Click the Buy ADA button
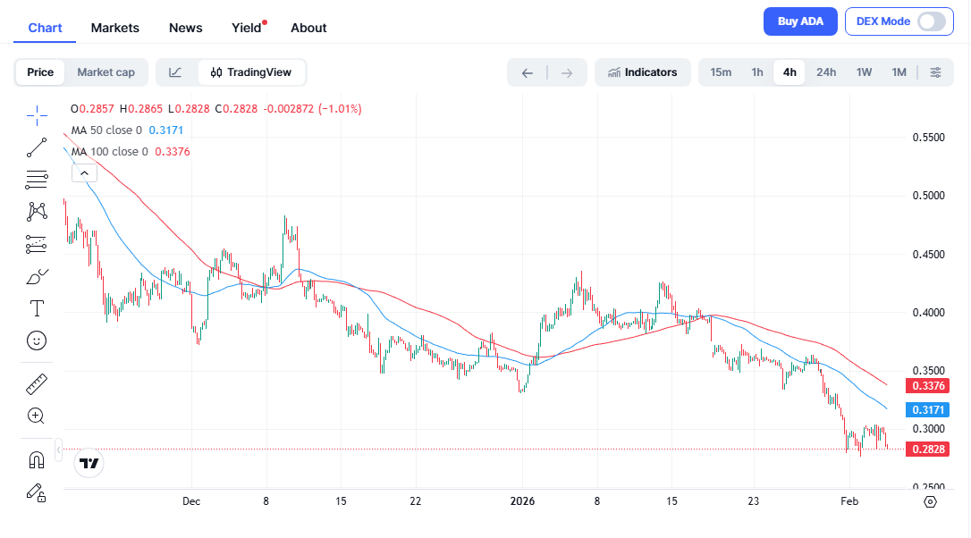pyautogui.click(x=800, y=21)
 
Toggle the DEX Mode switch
pyautogui.click(x=931, y=21)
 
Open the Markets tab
pyautogui.click(x=115, y=28)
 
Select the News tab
pyautogui.click(x=186, y=28)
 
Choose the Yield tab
pyautogui.click(x=247, y=28)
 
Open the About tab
pyautogui.click(x=308, y=28)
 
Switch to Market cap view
pyautogui.click(x=106, y=72)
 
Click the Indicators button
pyautogui.click(x=642, y=72)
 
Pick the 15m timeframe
pyautogui.click(x=721, y=72)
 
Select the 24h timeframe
pyautogui.click(x=826, y=72)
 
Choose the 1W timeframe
pyautogui.click(x=864, y=72)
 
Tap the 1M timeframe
pyautogui.click(x=899, y=72)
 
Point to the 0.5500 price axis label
pyautogui.click(x=928, y=138)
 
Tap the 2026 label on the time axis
pyautogui.click(x=523, y=501)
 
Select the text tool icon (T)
pyautogui.click(x=37, y=308)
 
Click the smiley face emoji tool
pyautogui.click(x=37, y=340)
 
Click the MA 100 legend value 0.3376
pyautogui.click(x=173, y=152)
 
